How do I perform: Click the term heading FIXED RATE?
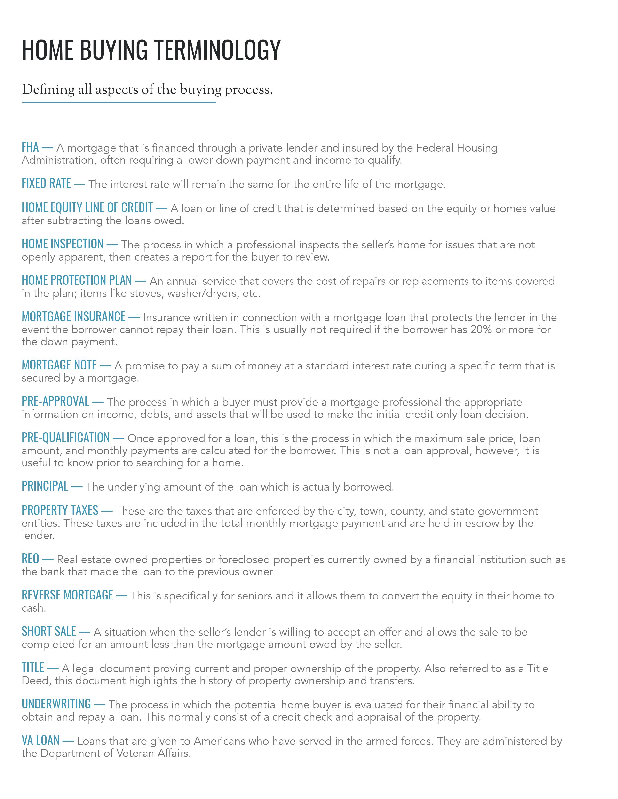point(46,183)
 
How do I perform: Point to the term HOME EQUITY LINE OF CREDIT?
point(87,207)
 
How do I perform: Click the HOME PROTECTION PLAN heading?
point(77,280)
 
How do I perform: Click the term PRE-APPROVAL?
point(55,401)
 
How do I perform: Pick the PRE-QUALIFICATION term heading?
point(65,438)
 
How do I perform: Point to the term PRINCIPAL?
point(45,486)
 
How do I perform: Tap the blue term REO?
point(30,559)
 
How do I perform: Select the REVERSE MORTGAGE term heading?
point(67,595)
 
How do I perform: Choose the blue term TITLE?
point(33,668)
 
